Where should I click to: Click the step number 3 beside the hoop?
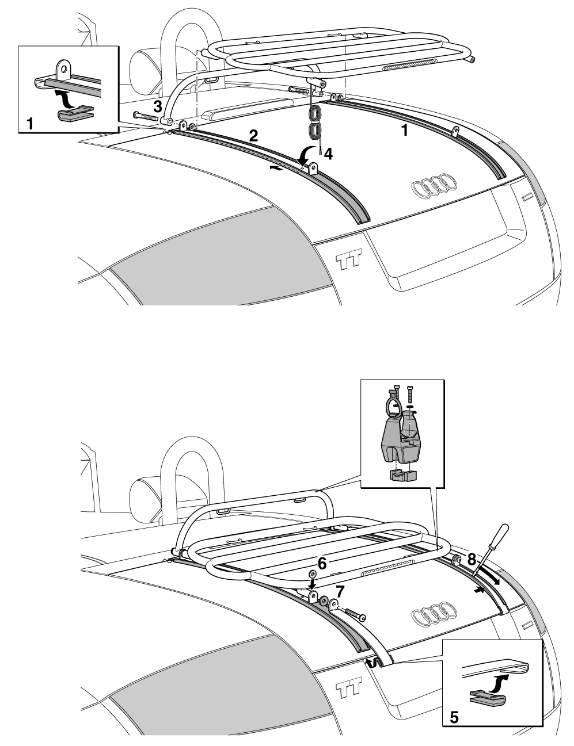(157, 107)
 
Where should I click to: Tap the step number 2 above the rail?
(253, 136)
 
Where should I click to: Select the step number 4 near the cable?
(328, 154)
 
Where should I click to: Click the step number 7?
(339, 591)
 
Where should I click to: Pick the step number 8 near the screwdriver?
(471, 559)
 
